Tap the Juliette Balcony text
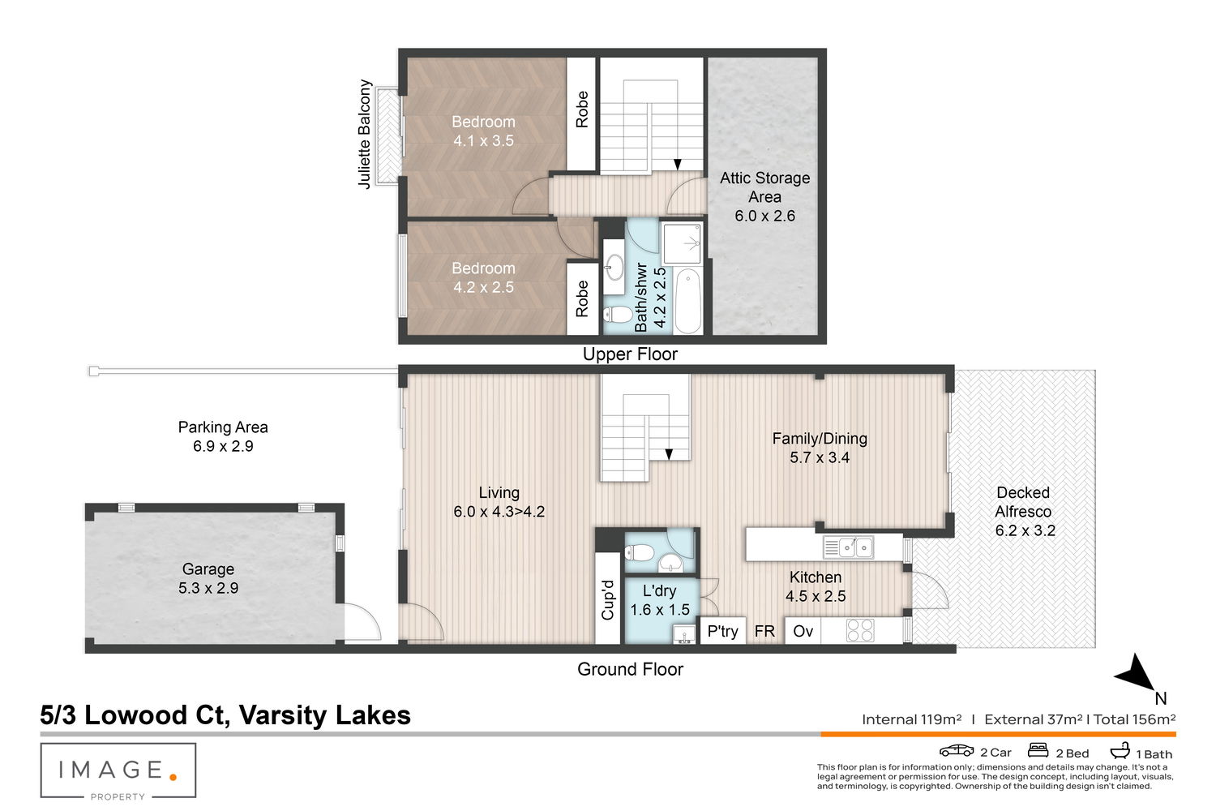pos(364,134)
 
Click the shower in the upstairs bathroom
pos(682,244)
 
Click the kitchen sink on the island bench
pos(848,547)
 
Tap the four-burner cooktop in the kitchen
pos(860,631)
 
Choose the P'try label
pos(722,631)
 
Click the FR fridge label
pos(764,631)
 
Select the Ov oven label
pos(803,631)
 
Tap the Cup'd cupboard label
pos(607,599)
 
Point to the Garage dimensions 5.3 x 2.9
pos(208,588)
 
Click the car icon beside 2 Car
pos(957,751)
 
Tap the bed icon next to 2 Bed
pos(1038,750)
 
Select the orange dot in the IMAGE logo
pos(173,777)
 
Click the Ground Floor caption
pos(630,669)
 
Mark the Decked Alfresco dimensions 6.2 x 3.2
pos(1025,530)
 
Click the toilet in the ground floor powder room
pos(640,552)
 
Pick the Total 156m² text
pos(1134,719)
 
